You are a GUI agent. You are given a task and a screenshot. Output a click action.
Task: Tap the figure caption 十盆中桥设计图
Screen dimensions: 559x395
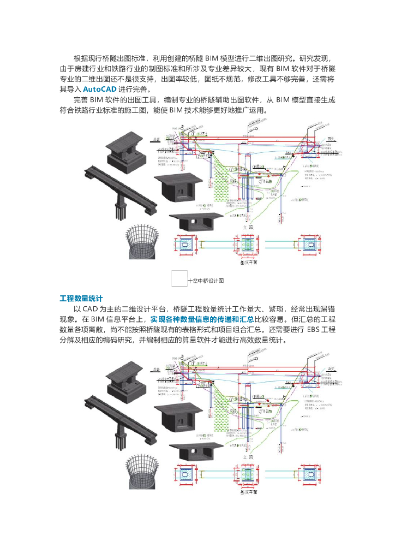click(206, 281)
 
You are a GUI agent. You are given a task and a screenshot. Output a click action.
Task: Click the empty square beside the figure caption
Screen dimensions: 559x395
click(179, 278)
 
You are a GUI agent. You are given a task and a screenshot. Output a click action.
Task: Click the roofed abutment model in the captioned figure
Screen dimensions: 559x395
click(125, 149)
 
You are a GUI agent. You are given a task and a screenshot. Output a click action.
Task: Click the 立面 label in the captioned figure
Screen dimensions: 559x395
click(248, 227)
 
